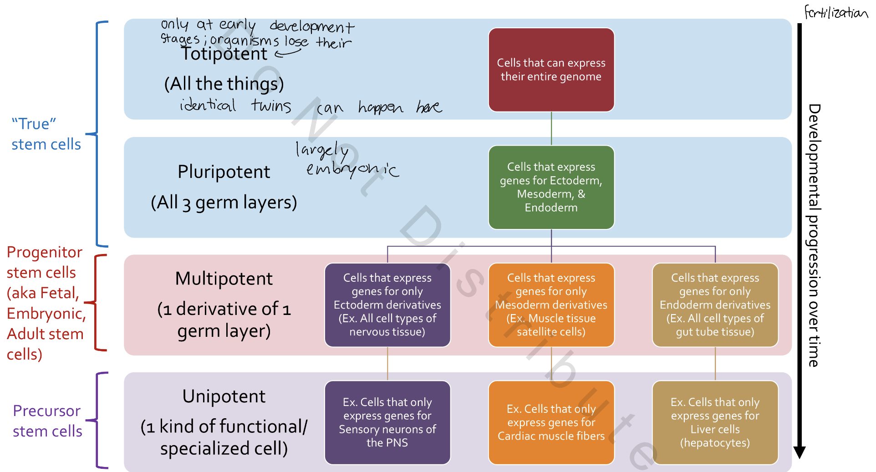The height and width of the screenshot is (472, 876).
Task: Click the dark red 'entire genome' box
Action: [551, 70]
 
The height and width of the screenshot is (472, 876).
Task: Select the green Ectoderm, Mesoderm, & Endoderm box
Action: [551, 187]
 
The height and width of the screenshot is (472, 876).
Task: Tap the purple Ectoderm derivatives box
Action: [387, 305]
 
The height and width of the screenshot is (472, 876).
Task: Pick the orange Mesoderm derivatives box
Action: [551, 305]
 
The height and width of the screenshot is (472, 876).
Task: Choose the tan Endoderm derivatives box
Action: [715, 305]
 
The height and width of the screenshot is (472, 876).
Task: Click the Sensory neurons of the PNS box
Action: [387, 422]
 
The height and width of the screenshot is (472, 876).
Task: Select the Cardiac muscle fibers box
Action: [551, 422]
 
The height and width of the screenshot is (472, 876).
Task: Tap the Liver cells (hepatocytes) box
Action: [715, 422]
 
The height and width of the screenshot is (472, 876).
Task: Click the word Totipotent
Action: [224, 54]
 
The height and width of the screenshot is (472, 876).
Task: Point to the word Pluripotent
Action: [224, 172]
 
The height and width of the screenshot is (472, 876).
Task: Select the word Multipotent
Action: [224, 279]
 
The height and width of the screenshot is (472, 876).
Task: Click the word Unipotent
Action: [224, 396]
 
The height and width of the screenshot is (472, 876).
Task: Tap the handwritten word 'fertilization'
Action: [835, 12]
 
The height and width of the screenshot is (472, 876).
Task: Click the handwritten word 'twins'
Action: [271, 106]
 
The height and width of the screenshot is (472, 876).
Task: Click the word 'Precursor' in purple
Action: [46, 411]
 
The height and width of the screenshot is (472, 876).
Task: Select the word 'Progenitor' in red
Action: [44, 252]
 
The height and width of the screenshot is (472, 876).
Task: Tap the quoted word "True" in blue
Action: [34, 124]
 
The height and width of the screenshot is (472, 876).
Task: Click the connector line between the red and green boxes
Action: [551, 128]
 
